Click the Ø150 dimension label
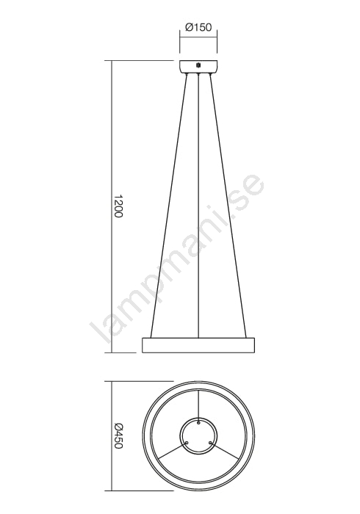point(198,28)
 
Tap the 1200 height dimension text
point(118,206)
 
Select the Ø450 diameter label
point(118,437)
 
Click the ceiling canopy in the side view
point(198,67)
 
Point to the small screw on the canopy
point(198,65)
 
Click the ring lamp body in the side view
point(198,345)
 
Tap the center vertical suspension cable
point(198,206)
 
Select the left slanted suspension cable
point(168,206)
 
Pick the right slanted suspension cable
point(228,206)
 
